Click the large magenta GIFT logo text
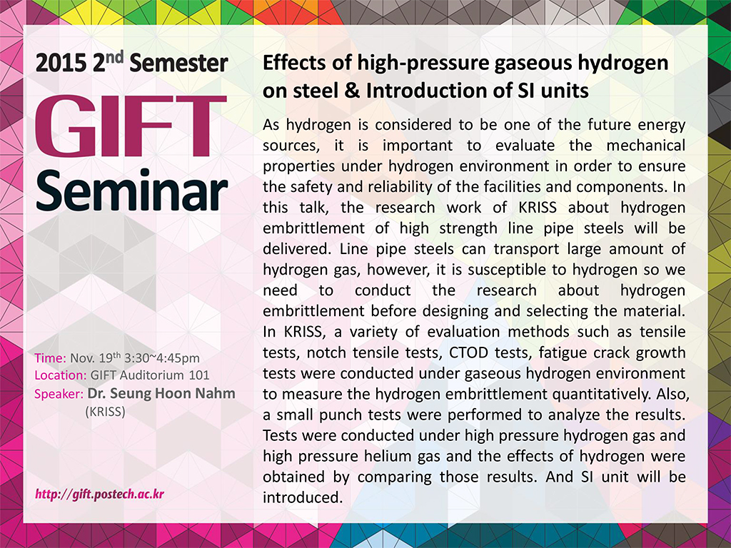131,126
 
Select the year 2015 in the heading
60,64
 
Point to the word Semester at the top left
179,64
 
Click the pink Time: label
50,358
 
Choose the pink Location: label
60,375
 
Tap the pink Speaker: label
59,394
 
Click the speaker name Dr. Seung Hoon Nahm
161,393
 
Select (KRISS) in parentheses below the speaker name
106,412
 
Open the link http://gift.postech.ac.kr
100,494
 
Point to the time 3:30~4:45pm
162,358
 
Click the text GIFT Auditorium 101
150,375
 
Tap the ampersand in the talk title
353,91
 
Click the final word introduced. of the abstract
303,497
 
